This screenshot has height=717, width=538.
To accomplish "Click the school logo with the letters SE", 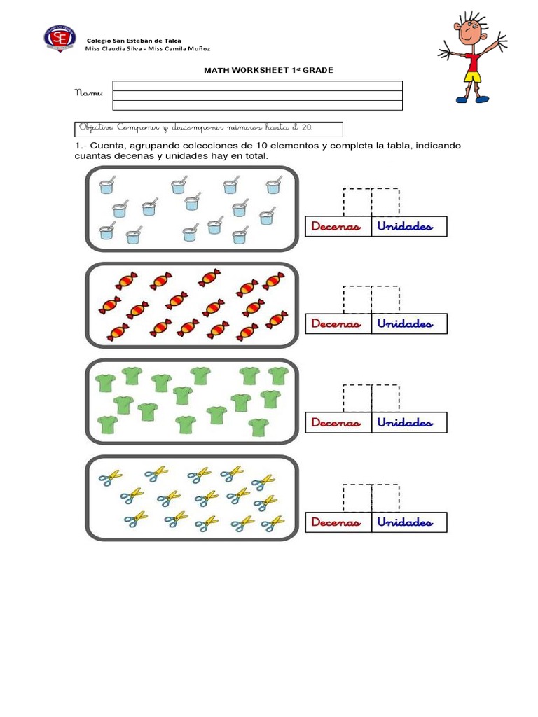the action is tap(60, 39).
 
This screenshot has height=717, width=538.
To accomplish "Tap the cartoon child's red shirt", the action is tap(473, 62).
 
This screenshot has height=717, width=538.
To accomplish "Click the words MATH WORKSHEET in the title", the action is tap(246, 70).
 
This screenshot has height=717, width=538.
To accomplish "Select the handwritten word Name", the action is tap(88, 93).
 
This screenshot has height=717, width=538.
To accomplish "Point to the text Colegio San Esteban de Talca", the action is tap(134, 41).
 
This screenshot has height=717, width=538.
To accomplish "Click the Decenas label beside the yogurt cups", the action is tap(336, 226).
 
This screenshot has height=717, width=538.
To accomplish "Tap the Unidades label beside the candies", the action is tap(405, 323).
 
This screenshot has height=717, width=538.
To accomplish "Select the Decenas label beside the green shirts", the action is tap(336, 422).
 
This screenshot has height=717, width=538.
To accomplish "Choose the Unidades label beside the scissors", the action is tap(405, 522).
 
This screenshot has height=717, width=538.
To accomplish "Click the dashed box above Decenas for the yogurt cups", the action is tap(357, 202).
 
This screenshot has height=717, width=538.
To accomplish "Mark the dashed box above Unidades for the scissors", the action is tap(385, 498).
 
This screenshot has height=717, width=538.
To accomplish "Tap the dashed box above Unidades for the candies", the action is tap(385, 300).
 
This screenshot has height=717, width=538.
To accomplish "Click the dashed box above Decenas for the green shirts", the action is tap(357, 398).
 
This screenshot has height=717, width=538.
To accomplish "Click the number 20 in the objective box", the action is tap(307, 127).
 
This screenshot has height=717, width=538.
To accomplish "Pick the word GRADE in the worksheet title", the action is tap(317, 70).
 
